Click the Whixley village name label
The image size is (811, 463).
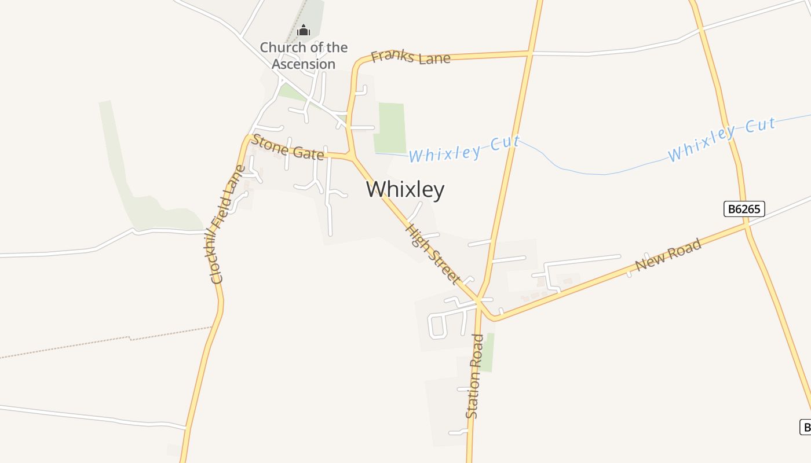[x=405, y=190]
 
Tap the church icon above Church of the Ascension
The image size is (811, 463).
[x=303, y=30]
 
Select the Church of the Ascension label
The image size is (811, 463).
[x=304, y=56]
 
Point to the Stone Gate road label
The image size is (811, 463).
[x=288, y=148]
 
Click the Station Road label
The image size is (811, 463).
[x=474, y=376]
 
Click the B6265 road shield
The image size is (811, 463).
[x=744, y=209]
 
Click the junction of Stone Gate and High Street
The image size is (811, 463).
[x=351, y=157]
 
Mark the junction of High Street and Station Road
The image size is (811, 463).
[x=480, y=300]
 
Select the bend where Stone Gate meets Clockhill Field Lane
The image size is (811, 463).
[x=248, y=139]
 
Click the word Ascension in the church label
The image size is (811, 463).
[x=304, y=64]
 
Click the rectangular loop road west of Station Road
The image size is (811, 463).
[x=438, y=326]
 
